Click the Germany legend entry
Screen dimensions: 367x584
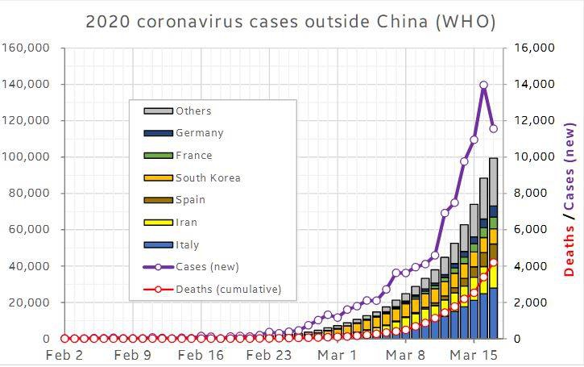click(x=199, y=133)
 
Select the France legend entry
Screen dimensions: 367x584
click(x=193, y=156)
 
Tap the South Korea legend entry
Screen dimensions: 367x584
click(x=207, y=178)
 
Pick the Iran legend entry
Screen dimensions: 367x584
click(x=186, y=223)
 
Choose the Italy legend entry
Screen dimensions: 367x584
click(x=187, y=245)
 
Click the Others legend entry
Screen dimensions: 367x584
click(x=193, y=111)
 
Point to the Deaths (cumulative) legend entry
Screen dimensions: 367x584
click(x=228, y=289)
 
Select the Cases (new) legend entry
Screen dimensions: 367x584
click(x=207, y=266)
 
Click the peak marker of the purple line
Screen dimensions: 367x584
click(x=483, y=85)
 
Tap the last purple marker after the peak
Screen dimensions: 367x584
click(x=493, y=128)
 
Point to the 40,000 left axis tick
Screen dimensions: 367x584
click(x=31, y=266)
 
